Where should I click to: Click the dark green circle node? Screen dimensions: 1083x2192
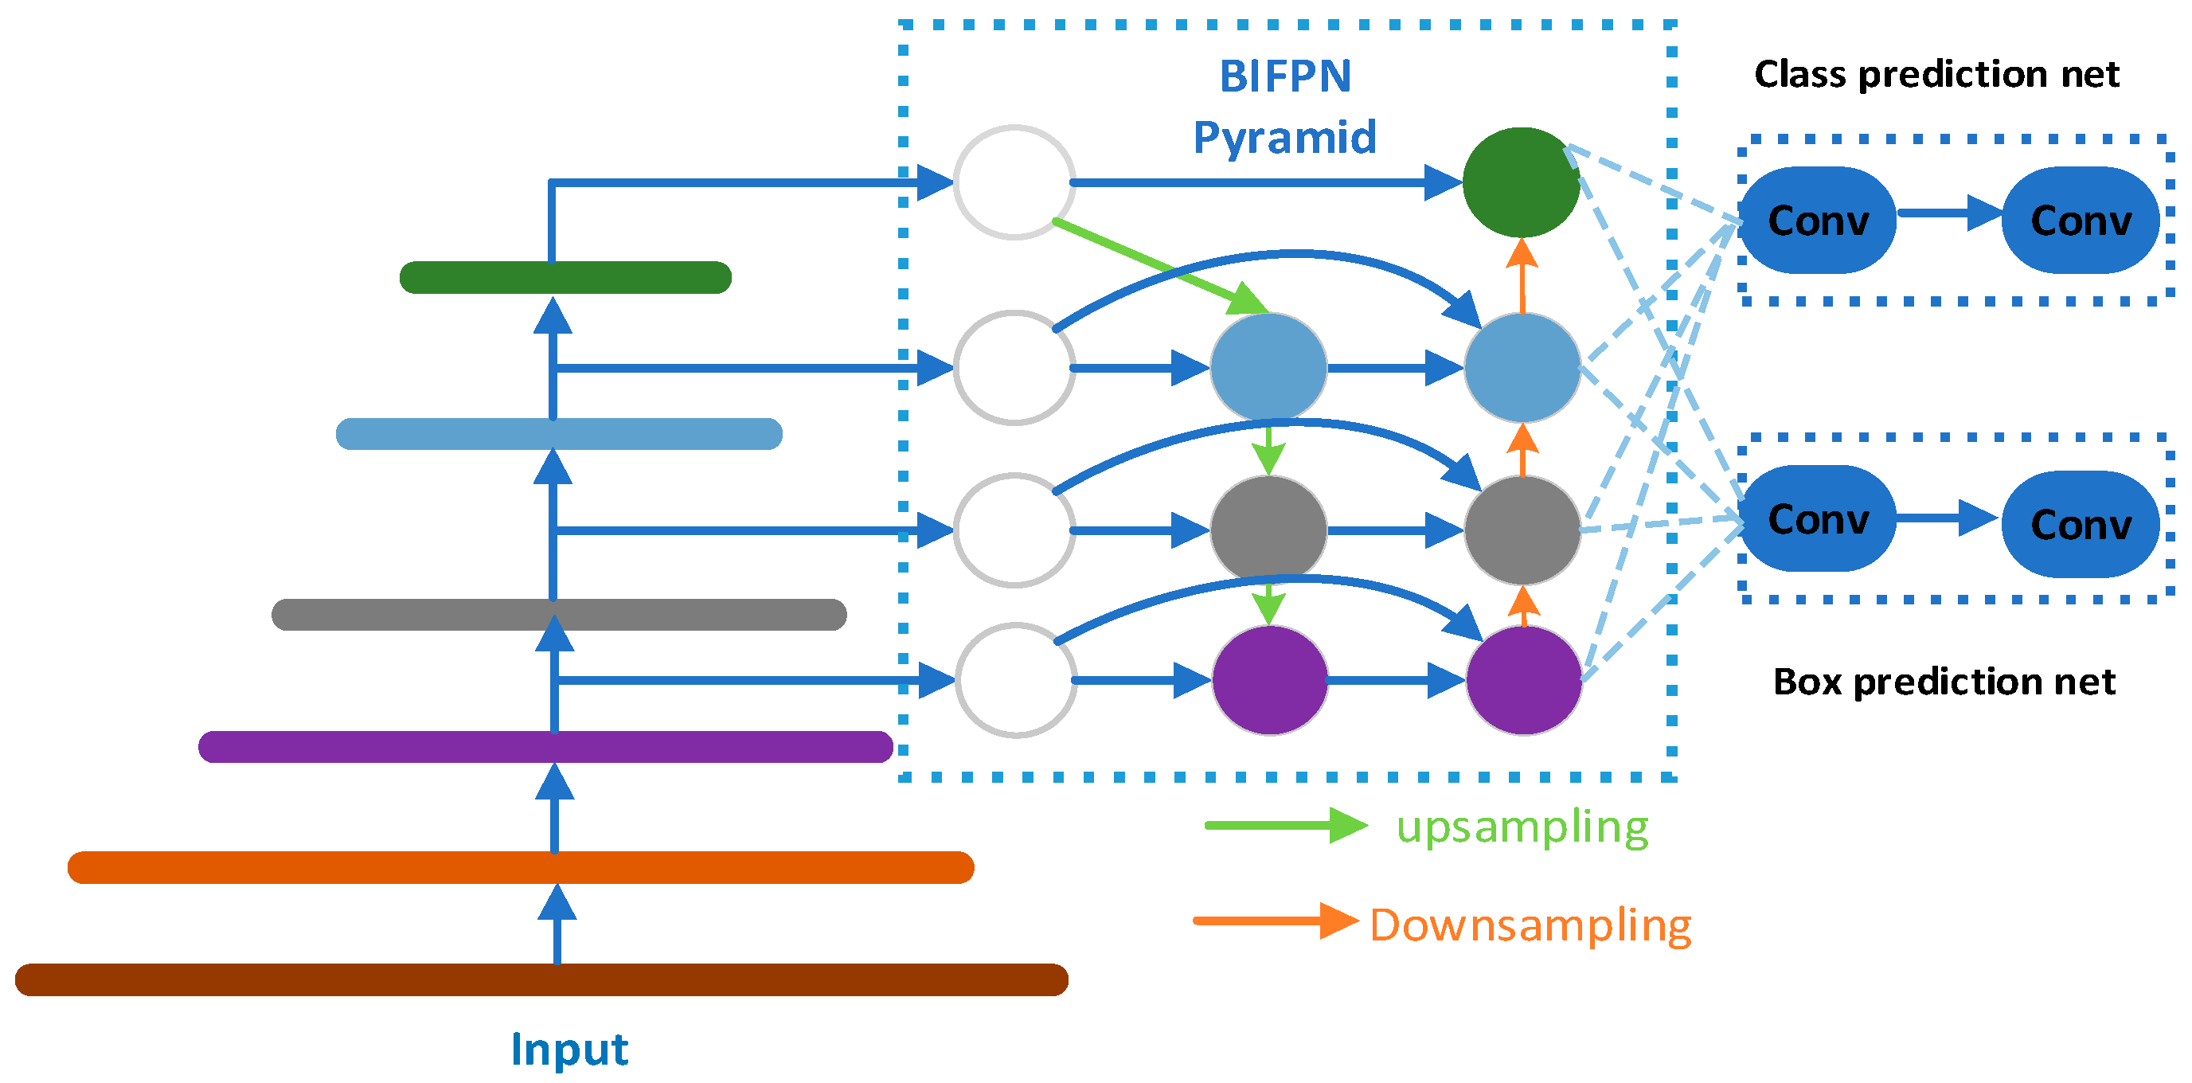point(1521,182)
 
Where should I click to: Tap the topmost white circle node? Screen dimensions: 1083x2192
point(1014,182)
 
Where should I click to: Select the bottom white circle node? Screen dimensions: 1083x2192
point(1015,680)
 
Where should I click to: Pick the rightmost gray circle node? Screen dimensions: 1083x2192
point(1522,530)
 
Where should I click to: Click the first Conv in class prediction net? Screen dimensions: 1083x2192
point(1818,221)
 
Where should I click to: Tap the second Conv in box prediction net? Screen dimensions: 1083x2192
point(2081,524)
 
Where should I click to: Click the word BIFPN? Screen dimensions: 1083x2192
point(1285,76)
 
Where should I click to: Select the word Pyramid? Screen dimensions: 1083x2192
point(1285,138)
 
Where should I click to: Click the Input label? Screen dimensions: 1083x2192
point(569,1048)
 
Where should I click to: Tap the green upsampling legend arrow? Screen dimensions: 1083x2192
point(1285,825)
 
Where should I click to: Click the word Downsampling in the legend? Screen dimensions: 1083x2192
point(1530,925)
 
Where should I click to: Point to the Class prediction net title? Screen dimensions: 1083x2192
point(1936,74)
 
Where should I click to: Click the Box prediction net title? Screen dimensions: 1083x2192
point(1944,682)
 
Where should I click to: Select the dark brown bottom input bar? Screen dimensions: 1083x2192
point(541,979)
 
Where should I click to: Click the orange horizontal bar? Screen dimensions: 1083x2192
point(520,867)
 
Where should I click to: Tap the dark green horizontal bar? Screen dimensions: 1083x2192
point(565,277)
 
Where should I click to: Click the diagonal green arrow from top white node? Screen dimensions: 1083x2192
point(1162,266)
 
